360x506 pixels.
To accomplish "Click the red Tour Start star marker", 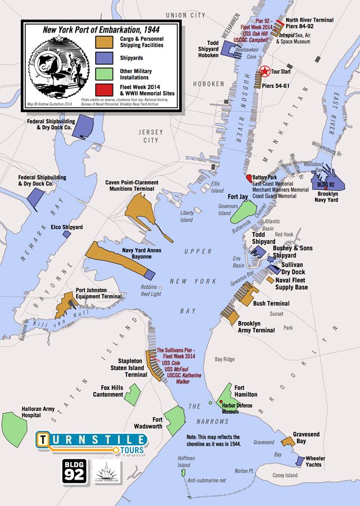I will pyautogui.click(x=264, y=71).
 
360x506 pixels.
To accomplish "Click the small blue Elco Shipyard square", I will pyautogui.click(x=66, y=233).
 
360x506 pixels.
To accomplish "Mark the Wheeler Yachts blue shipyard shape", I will pyautogui.click(x=299, y=461).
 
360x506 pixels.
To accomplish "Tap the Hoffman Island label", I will pyautogui.click(x=186, y=462).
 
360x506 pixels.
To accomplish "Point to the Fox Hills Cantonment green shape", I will pyautogui.click(x=132, y=393).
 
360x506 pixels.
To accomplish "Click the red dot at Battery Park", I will pyautogui.click(x=249, y=178).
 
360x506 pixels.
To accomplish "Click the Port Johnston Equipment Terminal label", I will pyautogui.click(x=98, y=293).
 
